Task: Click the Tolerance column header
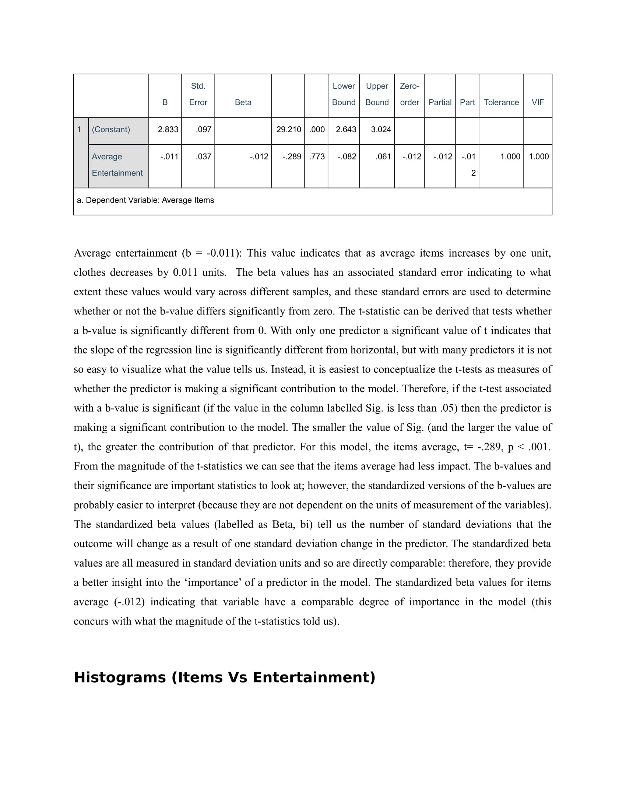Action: (x=501, y=102)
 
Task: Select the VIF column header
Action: (x=537, y=102)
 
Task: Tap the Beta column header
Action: (x=243, y=102)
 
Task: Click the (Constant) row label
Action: (x=111, y=130)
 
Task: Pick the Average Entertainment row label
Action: (x=117, y=165)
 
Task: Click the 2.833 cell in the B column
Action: (x=168, y=130)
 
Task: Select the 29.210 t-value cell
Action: (x=289, y=130)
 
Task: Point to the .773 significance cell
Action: (x=317, y=156)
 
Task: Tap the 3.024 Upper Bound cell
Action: (x=381, y=130)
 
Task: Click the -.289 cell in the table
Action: (x=292, y=156)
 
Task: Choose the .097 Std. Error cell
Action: (x=204, y=130)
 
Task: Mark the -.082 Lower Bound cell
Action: (x=347, y=156)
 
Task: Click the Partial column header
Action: (x=440, y=102)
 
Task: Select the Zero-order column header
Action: (x=409, y=94)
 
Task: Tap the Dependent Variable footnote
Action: (x=145, y=200)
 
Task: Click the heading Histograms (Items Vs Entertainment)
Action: (x=224, y=677)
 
